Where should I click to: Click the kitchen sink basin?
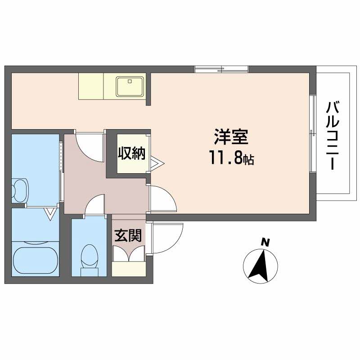click(130, 86)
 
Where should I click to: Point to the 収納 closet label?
click(132, 153)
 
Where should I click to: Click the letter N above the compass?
click(266, 242)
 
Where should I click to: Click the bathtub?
click(36, 259)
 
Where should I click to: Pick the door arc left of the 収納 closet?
click(90, 146)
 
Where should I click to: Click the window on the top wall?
click(221, 68)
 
